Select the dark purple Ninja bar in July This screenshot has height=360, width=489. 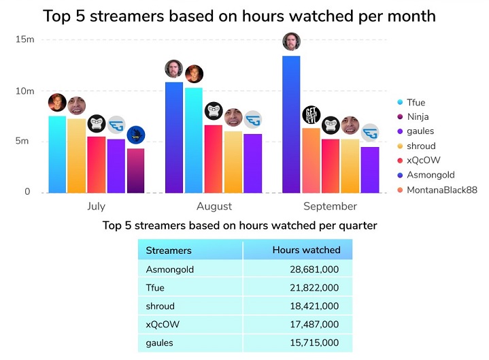[x=135, y=171]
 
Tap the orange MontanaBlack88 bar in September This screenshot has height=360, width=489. [x=311, y=161]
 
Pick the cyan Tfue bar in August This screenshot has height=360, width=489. [x=194, y=140]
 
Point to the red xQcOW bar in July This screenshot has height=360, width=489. [x=97, y=165]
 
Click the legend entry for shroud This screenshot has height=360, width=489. [x=421, y=146]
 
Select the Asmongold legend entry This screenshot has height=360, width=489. [x=431, y=176]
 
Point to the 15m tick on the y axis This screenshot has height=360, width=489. [x=24, y=39]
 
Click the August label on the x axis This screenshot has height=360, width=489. [x=214, y=206]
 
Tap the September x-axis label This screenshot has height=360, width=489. [x=331, y=206]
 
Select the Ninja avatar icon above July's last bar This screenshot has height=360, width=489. [x=136, y=135]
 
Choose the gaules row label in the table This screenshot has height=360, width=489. [x=160, y=343]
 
